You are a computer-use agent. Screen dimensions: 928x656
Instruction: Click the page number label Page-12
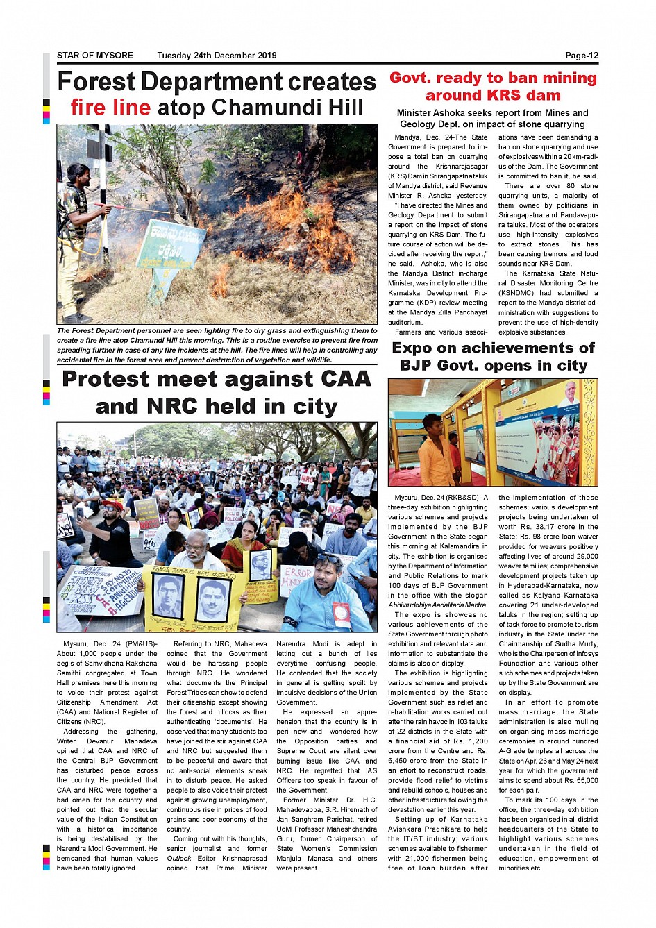[x=581, y=56]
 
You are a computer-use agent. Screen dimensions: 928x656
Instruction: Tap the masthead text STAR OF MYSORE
[x=95, y=56]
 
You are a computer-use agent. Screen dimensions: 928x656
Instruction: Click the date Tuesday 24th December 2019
[x=217, y=56]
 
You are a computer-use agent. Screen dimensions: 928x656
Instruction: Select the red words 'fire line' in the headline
[x=110, y=108]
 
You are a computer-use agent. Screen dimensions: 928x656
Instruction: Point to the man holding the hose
[x=78, y=236]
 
